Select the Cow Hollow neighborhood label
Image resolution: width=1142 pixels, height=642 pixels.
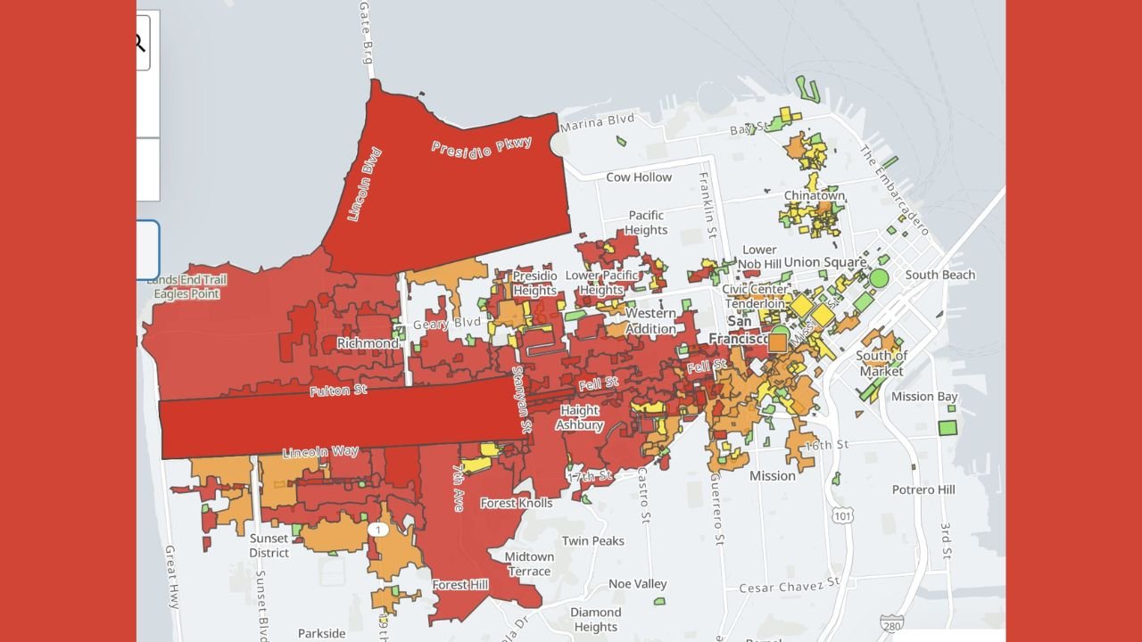click(639, 177)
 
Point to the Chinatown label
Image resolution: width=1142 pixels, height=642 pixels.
click(814, 196)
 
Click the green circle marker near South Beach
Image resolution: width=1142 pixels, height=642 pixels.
click(880, 278)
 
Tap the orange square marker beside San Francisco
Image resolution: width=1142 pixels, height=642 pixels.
click(777, 342)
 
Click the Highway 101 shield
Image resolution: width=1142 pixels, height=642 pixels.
click(843, 515)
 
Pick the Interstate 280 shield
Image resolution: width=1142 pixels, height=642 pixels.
click(890, 622)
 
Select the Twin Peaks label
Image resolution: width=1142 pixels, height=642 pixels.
click(593, 541)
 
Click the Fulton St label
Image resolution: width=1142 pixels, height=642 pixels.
click(338, 391)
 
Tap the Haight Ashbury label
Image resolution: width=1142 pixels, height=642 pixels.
click(580, 418)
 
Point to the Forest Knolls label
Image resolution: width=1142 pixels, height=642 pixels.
click(517, 503)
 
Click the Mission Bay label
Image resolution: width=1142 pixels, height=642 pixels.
click(924, 397)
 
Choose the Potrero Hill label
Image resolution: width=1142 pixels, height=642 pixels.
click(923, 490)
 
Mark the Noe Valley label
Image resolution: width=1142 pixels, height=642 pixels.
click(637, 584)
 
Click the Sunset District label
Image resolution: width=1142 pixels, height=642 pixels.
click(269, 546)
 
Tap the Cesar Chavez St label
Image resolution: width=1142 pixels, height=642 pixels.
click(790, 585)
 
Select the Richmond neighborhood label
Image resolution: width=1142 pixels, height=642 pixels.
click(368, 343)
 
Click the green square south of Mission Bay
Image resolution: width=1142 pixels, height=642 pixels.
click(948, 428)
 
